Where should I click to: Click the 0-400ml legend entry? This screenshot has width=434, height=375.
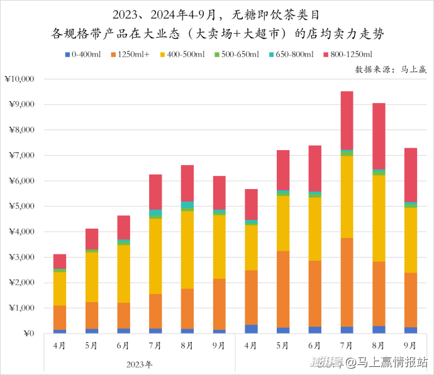83,55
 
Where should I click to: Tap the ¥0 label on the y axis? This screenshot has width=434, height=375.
28,334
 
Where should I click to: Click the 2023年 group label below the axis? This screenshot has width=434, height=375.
139,364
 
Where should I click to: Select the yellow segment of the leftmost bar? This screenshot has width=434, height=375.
60,288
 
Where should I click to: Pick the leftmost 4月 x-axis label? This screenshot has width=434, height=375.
60,345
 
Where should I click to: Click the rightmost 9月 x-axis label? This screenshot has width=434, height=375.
410,345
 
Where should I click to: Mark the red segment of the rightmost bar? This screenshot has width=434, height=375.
410,175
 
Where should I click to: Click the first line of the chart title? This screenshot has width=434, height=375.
217,14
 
